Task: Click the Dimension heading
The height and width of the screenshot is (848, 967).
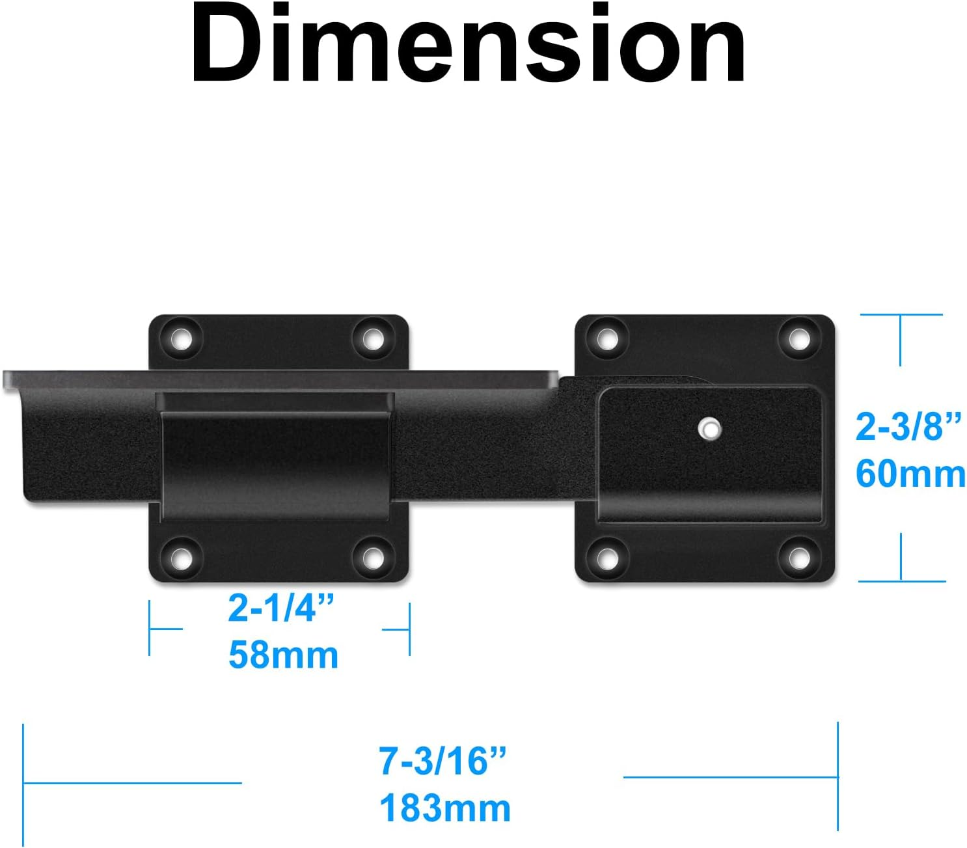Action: tap(469, 44)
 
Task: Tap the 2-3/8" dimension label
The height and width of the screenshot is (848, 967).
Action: tap(908, 427)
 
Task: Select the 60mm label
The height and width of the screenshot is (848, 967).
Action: tap(910, 474)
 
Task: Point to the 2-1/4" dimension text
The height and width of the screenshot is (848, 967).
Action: tap(281, 609)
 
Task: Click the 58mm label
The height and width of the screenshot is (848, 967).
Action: tap(283, 655)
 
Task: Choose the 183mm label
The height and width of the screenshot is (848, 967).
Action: tap(445, 808)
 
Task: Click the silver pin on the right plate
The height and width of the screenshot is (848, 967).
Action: tap(709, 429)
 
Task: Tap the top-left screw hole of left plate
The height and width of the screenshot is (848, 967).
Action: tap(182, 338)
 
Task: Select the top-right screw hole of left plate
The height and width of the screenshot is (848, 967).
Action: tap(372, 338)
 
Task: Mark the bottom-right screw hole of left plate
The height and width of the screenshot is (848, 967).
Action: tap(372, 558)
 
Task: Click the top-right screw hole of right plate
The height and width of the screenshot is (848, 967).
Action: tap(798, 338)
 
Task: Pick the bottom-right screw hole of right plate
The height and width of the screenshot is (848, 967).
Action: tap(798, 558)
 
